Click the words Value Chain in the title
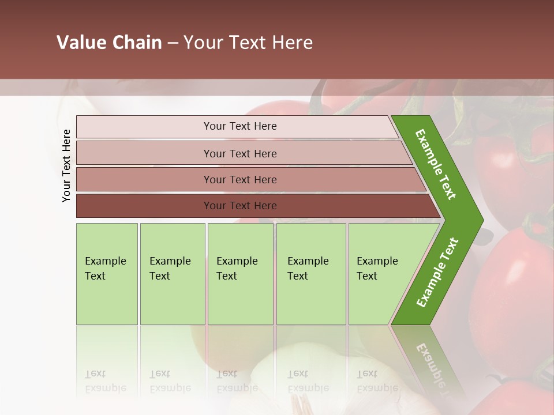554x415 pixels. (109, 43)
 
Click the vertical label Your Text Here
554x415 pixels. (66, 166)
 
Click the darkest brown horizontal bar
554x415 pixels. (144, 206)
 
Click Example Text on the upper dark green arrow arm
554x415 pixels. (436, 164)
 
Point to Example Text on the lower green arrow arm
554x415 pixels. (437, 273)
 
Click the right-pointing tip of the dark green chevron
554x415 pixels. (480, 220)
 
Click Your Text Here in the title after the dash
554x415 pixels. (248, 43)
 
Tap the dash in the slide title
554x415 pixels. (173, 43)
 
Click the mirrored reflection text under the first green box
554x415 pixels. (106, 382)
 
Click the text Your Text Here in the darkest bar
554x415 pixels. (240, 206)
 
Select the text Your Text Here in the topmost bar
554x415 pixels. (240, 126)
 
